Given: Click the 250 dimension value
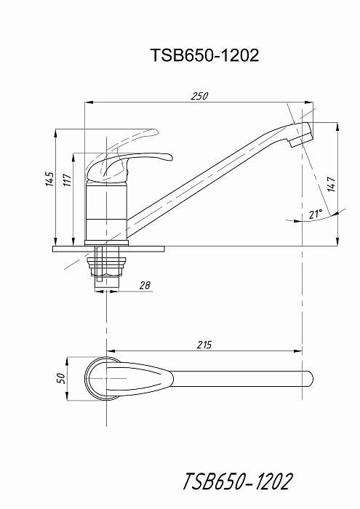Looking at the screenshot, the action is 199,97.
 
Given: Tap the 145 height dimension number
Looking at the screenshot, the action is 49,179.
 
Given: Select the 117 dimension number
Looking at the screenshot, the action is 67,180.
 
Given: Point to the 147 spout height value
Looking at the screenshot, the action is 332,185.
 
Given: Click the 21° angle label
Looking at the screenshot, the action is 316,214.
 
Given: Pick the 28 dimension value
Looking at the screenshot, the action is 145,285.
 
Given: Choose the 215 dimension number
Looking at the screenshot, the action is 204,345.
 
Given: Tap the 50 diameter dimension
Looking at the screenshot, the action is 61,378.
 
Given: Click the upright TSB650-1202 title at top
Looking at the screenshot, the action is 204,55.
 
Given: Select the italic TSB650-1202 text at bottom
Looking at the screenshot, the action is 238,481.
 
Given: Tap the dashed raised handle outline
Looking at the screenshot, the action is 130,143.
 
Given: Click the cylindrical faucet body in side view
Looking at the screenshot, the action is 106,211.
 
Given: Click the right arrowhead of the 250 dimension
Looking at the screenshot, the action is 309,103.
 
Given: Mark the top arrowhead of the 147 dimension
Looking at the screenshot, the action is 337,127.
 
